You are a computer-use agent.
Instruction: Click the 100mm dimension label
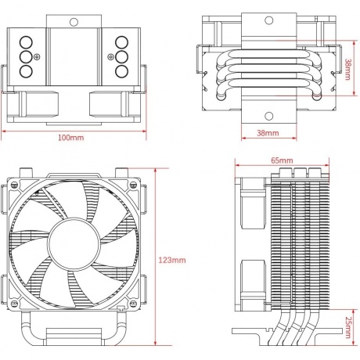click(x=71, y=138)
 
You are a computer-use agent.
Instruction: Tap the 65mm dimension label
click(x=282, y=160)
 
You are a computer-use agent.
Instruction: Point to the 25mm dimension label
click(x=347, y=322)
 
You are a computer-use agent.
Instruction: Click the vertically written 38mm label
click(x=348, y=71)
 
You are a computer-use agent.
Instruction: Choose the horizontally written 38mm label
click(x=268, y=134)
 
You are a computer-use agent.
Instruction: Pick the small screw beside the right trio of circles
click(x=110, y=57)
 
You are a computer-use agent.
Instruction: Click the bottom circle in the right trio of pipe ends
click(x=124, y=71)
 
